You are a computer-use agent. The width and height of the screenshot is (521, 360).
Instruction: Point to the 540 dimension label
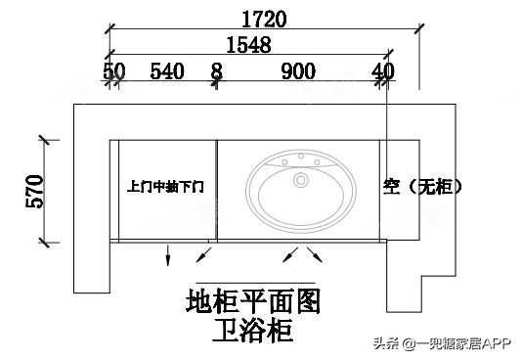click(167, 70)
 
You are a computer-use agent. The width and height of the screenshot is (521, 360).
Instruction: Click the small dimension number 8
click(216, 70)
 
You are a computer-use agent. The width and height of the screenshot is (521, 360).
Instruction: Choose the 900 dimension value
click(297, 70)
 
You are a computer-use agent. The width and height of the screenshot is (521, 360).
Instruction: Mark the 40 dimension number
click(382, 70)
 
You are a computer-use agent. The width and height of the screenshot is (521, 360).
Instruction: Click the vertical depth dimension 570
click(35, 192)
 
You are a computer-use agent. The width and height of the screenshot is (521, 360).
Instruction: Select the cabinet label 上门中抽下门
click(166, 185)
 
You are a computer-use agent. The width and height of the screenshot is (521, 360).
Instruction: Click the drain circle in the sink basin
click(301, 180)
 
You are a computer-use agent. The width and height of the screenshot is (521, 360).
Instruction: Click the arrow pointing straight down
click(167, 256)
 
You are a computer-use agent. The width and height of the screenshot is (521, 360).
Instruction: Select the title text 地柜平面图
click(253, 299)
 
